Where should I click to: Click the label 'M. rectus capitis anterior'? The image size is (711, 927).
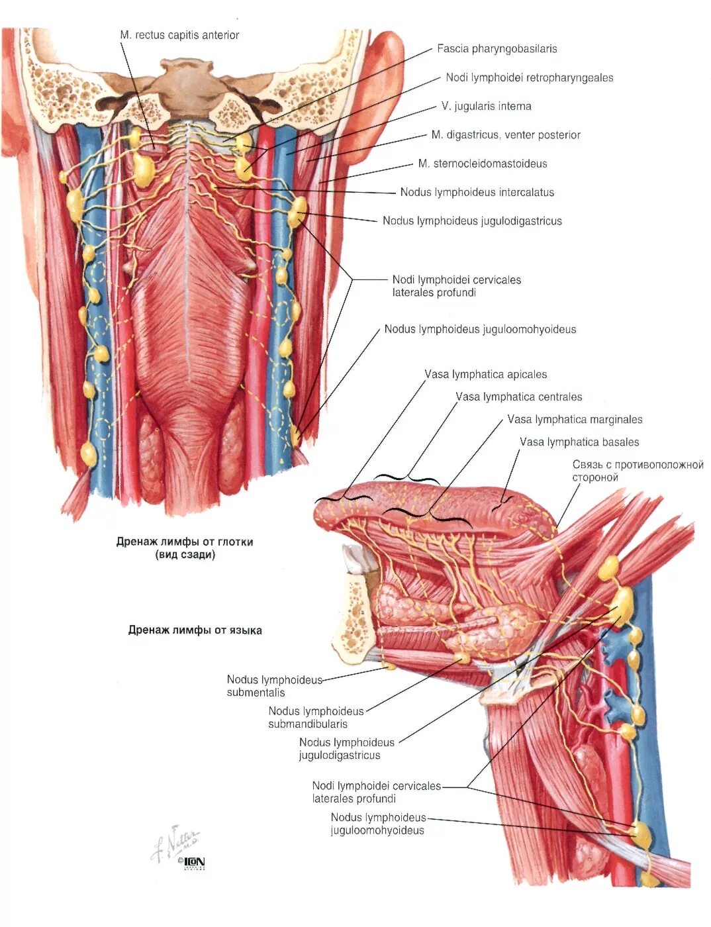tap(179, 35)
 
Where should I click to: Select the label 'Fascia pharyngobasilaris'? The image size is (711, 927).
tap(497, 49)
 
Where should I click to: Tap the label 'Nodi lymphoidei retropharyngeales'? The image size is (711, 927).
tap(529, 78)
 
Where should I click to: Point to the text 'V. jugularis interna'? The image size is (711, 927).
tap(486, 107)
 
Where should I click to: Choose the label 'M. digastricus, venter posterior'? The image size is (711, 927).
tap(506, 135)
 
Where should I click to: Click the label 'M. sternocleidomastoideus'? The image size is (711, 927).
tap(483, 164)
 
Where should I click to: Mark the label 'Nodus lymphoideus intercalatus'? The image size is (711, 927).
tap(477, 193)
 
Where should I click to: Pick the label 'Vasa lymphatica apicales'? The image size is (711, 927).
tap(485, 375)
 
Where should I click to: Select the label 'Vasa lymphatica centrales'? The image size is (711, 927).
tap(518, 397)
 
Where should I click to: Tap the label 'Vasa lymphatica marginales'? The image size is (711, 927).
tap(575, 420)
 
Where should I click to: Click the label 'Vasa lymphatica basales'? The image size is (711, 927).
tap(579, 442)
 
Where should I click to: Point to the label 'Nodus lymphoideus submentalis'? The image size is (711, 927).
tap(274, 686)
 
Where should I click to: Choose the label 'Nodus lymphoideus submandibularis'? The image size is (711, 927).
tap(316, 717)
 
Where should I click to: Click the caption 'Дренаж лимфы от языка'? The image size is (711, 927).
tap(195, 630)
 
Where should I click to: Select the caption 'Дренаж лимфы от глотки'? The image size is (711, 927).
tap(185, 548)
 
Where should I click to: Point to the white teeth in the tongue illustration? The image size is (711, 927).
tap(357, 560)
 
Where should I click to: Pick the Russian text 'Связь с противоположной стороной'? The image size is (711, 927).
tap(637, 471)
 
